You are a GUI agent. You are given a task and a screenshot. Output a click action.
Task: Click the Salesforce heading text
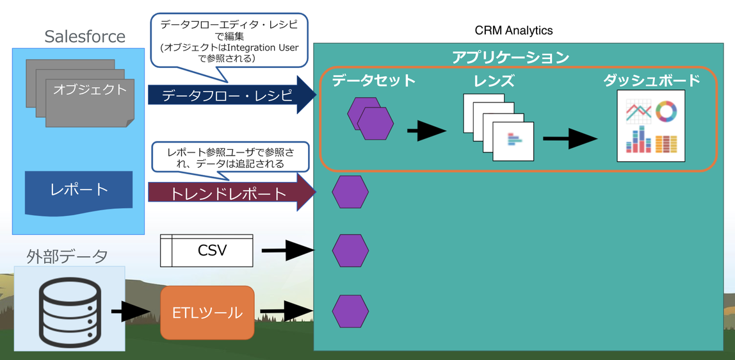point(85,37)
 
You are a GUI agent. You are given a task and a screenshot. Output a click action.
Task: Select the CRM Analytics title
point(513,30)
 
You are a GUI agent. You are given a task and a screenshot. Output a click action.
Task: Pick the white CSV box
point(206,250)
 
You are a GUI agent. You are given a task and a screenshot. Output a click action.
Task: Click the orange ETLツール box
point(207,313)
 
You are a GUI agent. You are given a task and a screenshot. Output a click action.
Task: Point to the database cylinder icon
point(69,312)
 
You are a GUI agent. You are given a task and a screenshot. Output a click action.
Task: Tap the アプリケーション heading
point(510,57)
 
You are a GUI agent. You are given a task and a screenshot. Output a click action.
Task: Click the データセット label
point(374,81)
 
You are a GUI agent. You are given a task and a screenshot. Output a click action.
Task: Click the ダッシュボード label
point(651,81)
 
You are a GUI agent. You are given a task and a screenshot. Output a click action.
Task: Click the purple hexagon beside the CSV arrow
point(350,251)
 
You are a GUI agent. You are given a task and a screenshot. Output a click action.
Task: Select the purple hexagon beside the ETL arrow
point(350,311)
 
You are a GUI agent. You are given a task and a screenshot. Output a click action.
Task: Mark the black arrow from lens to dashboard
point(570,138)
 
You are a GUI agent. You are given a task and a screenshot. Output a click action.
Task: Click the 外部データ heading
point(67,256)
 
